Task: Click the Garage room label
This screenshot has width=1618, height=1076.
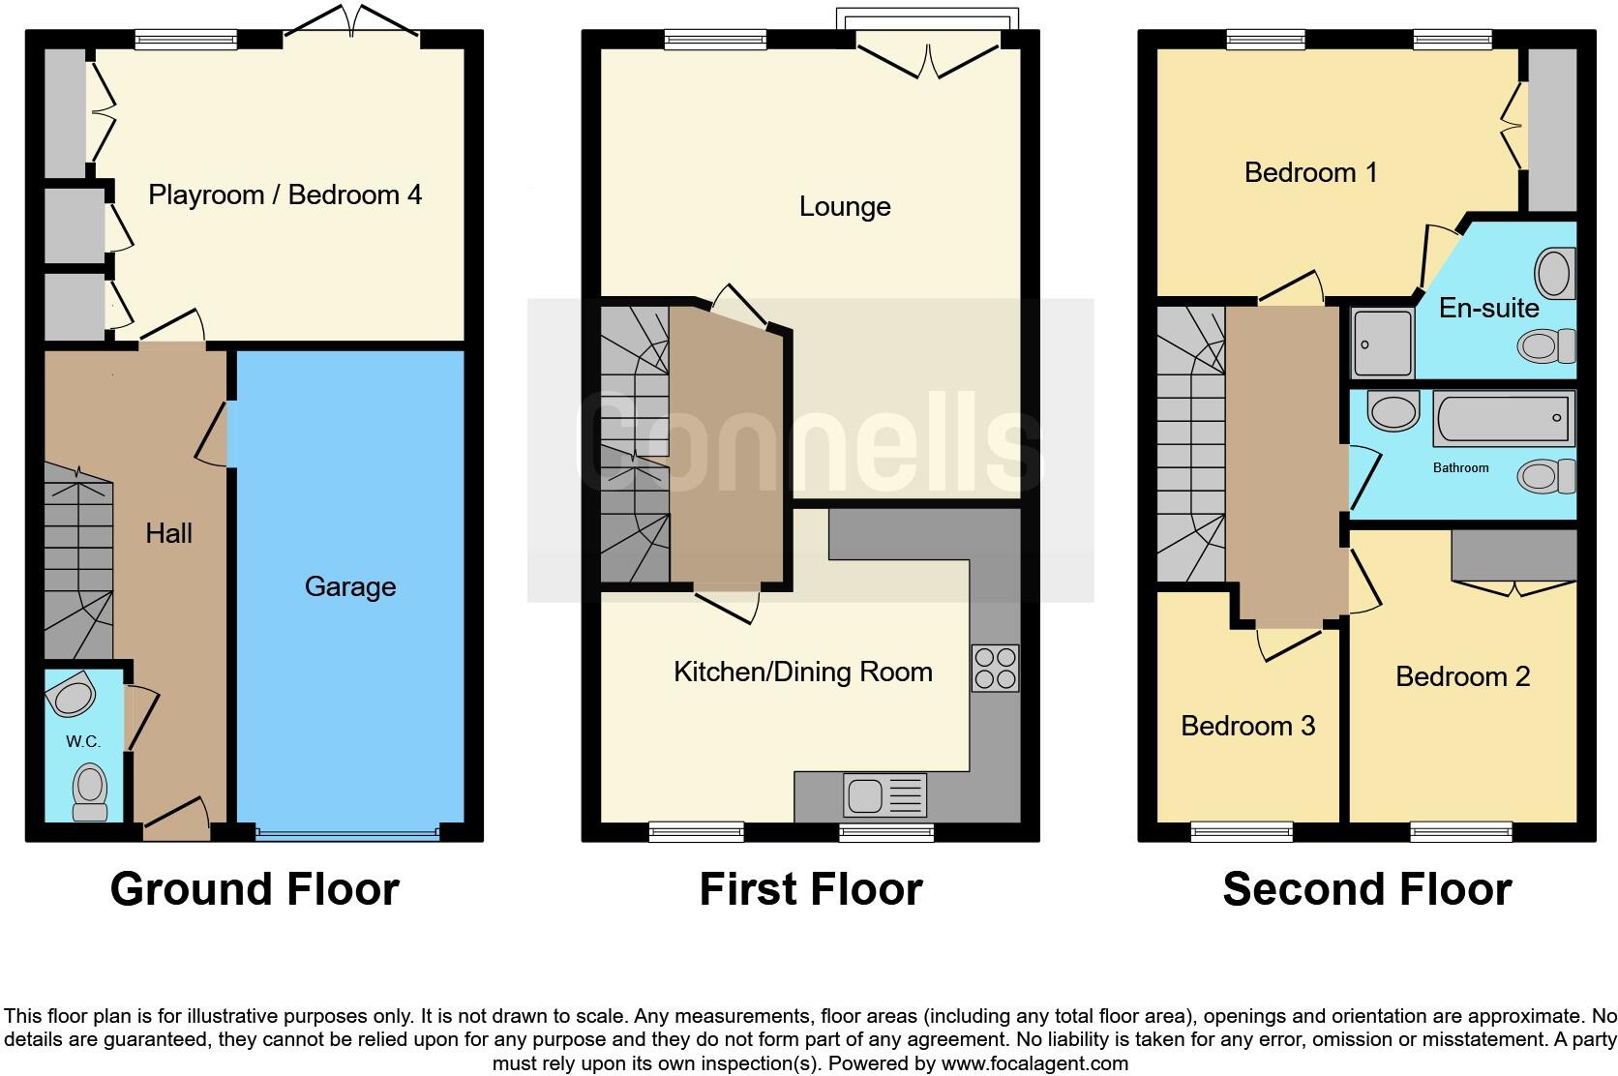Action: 350,586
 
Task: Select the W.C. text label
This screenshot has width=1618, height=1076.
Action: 83,741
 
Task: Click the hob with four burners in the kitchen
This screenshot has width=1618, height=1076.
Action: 996,668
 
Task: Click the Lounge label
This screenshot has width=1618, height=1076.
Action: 845,206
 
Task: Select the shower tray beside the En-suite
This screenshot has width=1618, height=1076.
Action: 1382,344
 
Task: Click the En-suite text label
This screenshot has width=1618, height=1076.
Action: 1488,308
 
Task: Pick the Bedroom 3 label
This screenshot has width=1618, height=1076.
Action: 1247,726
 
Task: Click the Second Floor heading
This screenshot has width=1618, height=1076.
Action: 1366,889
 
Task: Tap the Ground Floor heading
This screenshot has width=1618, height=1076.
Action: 255,889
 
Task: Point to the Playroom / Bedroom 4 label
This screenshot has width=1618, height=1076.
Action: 285,194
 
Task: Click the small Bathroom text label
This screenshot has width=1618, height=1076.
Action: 1460,468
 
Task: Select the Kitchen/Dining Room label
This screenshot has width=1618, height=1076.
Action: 802,672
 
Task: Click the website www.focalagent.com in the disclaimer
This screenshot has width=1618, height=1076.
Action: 1034,1063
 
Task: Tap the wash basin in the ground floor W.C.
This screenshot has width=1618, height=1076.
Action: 73,696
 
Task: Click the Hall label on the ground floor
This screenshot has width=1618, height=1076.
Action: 168,533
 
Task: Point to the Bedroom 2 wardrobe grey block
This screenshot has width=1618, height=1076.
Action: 1513,554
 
